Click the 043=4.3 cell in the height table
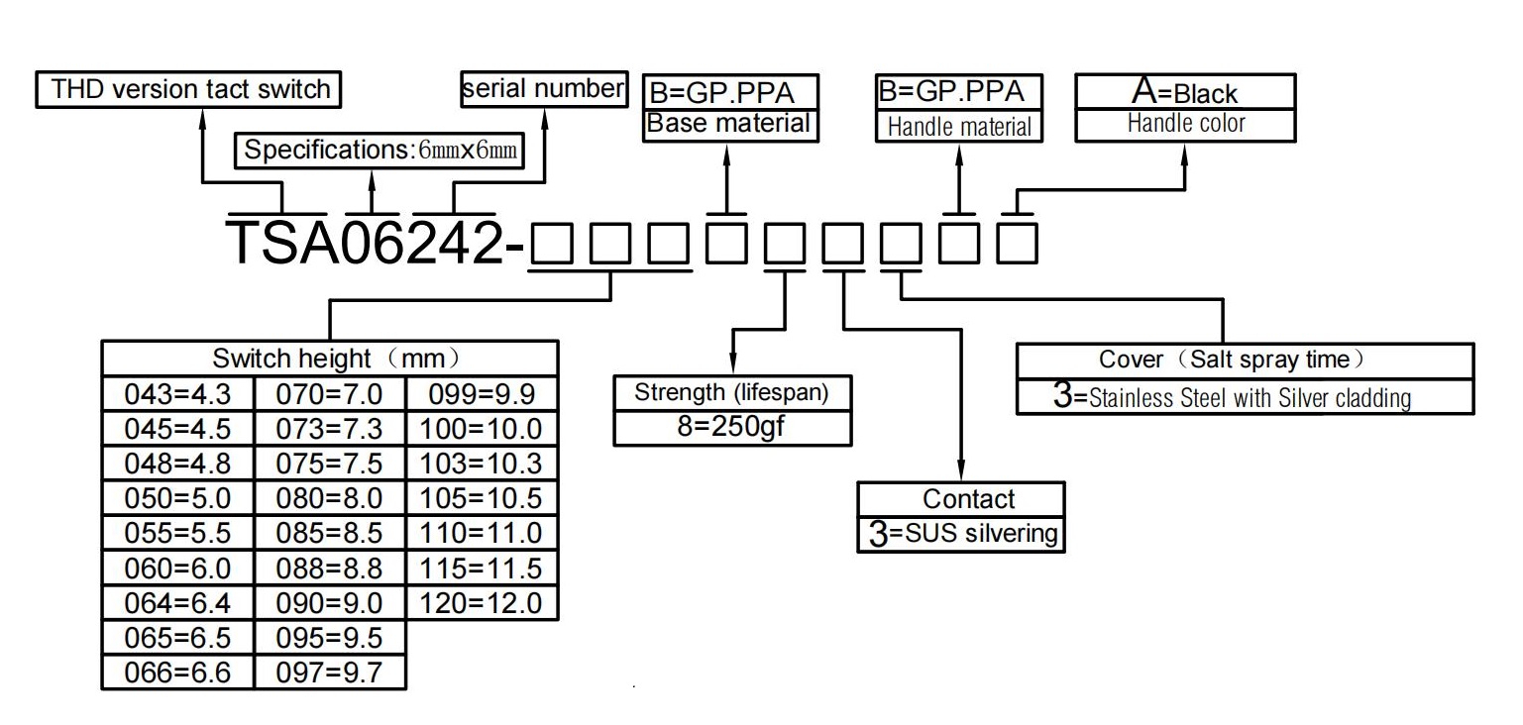(x=177, y=394)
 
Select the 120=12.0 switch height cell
(x=481, y=603)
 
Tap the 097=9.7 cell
(x=329, y=673)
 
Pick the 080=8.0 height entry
(x=329, y=499)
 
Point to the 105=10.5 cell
(x=481, y=499)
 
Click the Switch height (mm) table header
(x=337, y=359)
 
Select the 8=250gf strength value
(x=731, y=427)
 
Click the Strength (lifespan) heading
(x=731, y=393)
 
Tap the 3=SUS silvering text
(x=963, y=534)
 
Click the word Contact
(x=968, y=499)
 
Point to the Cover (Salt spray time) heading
(x=1232, y=359)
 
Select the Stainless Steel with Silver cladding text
(x=1250, y=398)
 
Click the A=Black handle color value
(x=1184, y=92)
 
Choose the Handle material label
(x=959, y=127)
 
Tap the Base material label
(x=728, y=123)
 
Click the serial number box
(x=544, y=89)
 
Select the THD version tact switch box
(x=188, y=89)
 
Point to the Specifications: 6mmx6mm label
(x=380, y=151)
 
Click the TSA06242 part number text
(x=365, y=243)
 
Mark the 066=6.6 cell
(x=177, y=673)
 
